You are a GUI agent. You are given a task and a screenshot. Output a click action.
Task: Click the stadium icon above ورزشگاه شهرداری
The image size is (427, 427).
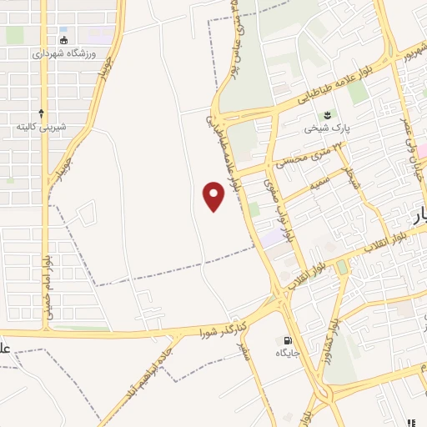coord(64,40)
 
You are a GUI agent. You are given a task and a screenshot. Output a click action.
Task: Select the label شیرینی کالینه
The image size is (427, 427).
coord(41,127)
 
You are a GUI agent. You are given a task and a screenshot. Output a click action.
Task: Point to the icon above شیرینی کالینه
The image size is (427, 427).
coord(42,112)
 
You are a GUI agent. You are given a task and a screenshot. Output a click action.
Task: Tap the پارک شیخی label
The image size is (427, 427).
coord(324,128)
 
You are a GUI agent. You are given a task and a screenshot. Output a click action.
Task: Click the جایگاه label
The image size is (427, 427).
coord(289,354)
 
